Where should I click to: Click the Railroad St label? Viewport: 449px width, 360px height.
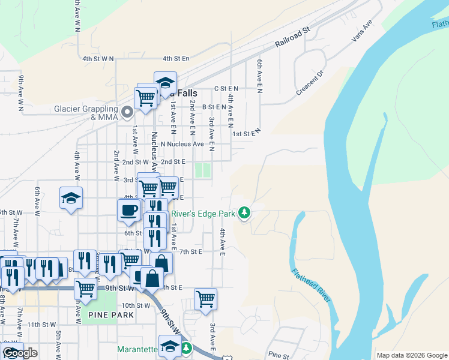tap(292, 37)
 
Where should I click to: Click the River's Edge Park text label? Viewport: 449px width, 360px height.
tap(203, 213)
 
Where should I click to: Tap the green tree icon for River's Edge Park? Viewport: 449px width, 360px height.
tap(244, 212)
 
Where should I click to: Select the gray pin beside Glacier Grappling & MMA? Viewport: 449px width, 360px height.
tap(127, 112)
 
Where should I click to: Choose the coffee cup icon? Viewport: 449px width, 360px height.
tap(129, 210)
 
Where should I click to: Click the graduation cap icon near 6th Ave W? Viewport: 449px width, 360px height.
tap(71, 199)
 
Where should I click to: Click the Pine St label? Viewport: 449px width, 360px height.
tap(279, 355)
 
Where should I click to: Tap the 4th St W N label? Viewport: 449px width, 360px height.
tap(98, 59)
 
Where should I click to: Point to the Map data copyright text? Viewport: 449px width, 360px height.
tap(412, 355)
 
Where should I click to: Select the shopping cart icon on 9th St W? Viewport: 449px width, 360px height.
tap(85, 289)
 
